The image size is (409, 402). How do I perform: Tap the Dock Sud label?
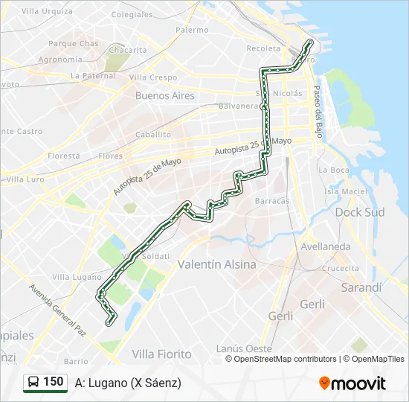(359, 212)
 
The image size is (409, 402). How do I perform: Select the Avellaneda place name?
(326, 246)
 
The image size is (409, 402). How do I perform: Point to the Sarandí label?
(361, 287)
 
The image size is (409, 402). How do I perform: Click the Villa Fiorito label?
(161, 354)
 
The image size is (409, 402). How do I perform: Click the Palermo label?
(193, 30)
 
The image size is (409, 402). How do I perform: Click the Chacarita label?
(128, 50)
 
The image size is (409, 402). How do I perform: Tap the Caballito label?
(153, 135)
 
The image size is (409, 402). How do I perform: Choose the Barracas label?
(271, 201)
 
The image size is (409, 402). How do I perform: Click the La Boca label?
(333, 170)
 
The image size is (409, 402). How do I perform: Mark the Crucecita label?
(341, 269)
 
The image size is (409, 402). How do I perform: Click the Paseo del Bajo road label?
(318, 112)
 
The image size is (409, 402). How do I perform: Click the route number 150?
(54, 382)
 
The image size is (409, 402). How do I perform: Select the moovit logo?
(352, 383)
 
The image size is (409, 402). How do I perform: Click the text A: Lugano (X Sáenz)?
(128, 383)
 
